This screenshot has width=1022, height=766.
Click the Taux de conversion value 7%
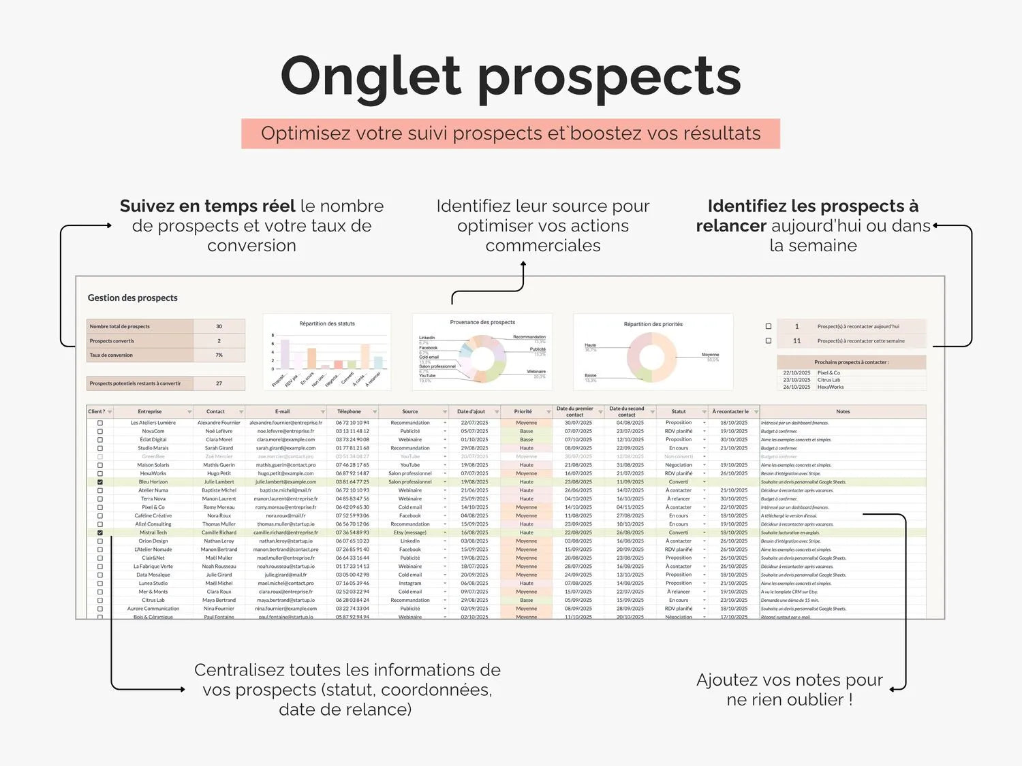pos(219,355)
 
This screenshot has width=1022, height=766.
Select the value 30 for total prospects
pos(219,326)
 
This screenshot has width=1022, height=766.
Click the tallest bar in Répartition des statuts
pos(285,354)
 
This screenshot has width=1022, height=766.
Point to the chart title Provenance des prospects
pos(482,322)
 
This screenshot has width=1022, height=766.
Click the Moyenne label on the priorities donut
pos(710,355)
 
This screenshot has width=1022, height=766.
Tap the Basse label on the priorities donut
pos(590,375)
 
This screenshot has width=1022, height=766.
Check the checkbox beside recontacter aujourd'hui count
pos(769,326)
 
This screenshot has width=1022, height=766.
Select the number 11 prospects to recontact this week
pos(796,340)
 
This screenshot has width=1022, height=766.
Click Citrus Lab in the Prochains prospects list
pos(829,380)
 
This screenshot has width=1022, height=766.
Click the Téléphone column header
pos(349,411)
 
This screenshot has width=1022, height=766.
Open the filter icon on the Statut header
pos(704,412)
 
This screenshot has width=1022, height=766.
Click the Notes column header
pos(843,411)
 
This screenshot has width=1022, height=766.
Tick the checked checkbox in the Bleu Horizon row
pos(100,482)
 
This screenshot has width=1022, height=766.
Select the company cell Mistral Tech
pos(153,532)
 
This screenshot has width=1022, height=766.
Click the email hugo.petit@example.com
pos(285,473)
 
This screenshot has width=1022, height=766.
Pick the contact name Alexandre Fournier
pos(219,423)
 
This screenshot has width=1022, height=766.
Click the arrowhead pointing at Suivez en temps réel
pos(109,225)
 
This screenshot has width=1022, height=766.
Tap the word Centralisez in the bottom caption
pos(238,670)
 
